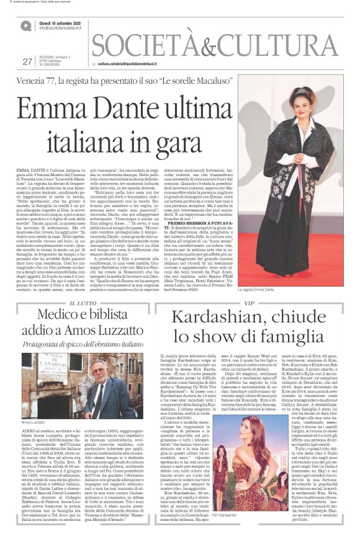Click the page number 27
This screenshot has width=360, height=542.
(27, 61)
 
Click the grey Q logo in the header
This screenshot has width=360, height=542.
(25, 25)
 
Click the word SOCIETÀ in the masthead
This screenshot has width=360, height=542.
(151, 44)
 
